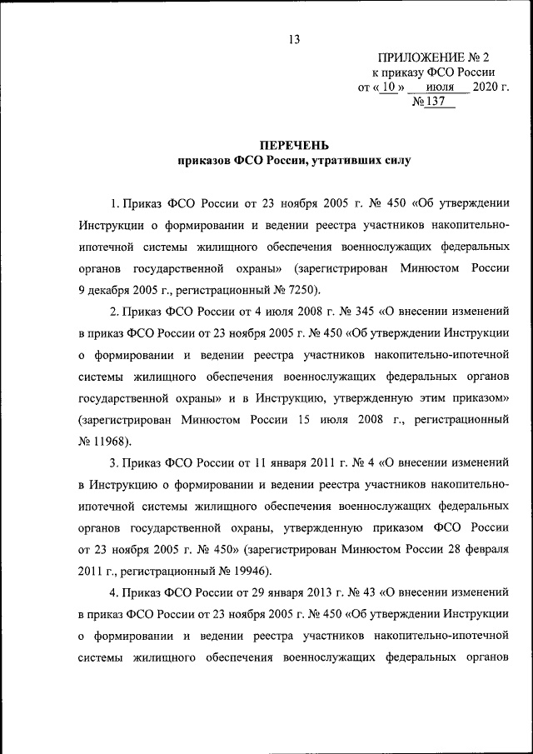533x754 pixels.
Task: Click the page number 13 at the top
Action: click(293, 39)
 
